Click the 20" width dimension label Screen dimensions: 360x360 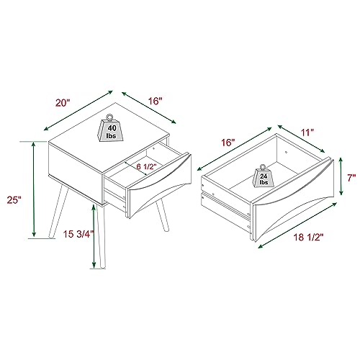pos(63,103)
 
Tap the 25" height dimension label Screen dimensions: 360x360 pos(14,199)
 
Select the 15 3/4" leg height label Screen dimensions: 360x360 pos(78,234)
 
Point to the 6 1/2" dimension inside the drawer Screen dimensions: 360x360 pos(146,166)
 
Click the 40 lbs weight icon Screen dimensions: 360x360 pos(111,128)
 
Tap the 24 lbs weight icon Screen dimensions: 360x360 pos(264,176)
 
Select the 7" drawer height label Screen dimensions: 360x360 pos(351,178)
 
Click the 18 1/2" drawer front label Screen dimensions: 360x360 pos(308,238)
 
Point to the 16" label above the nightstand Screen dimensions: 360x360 pos(155,101)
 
